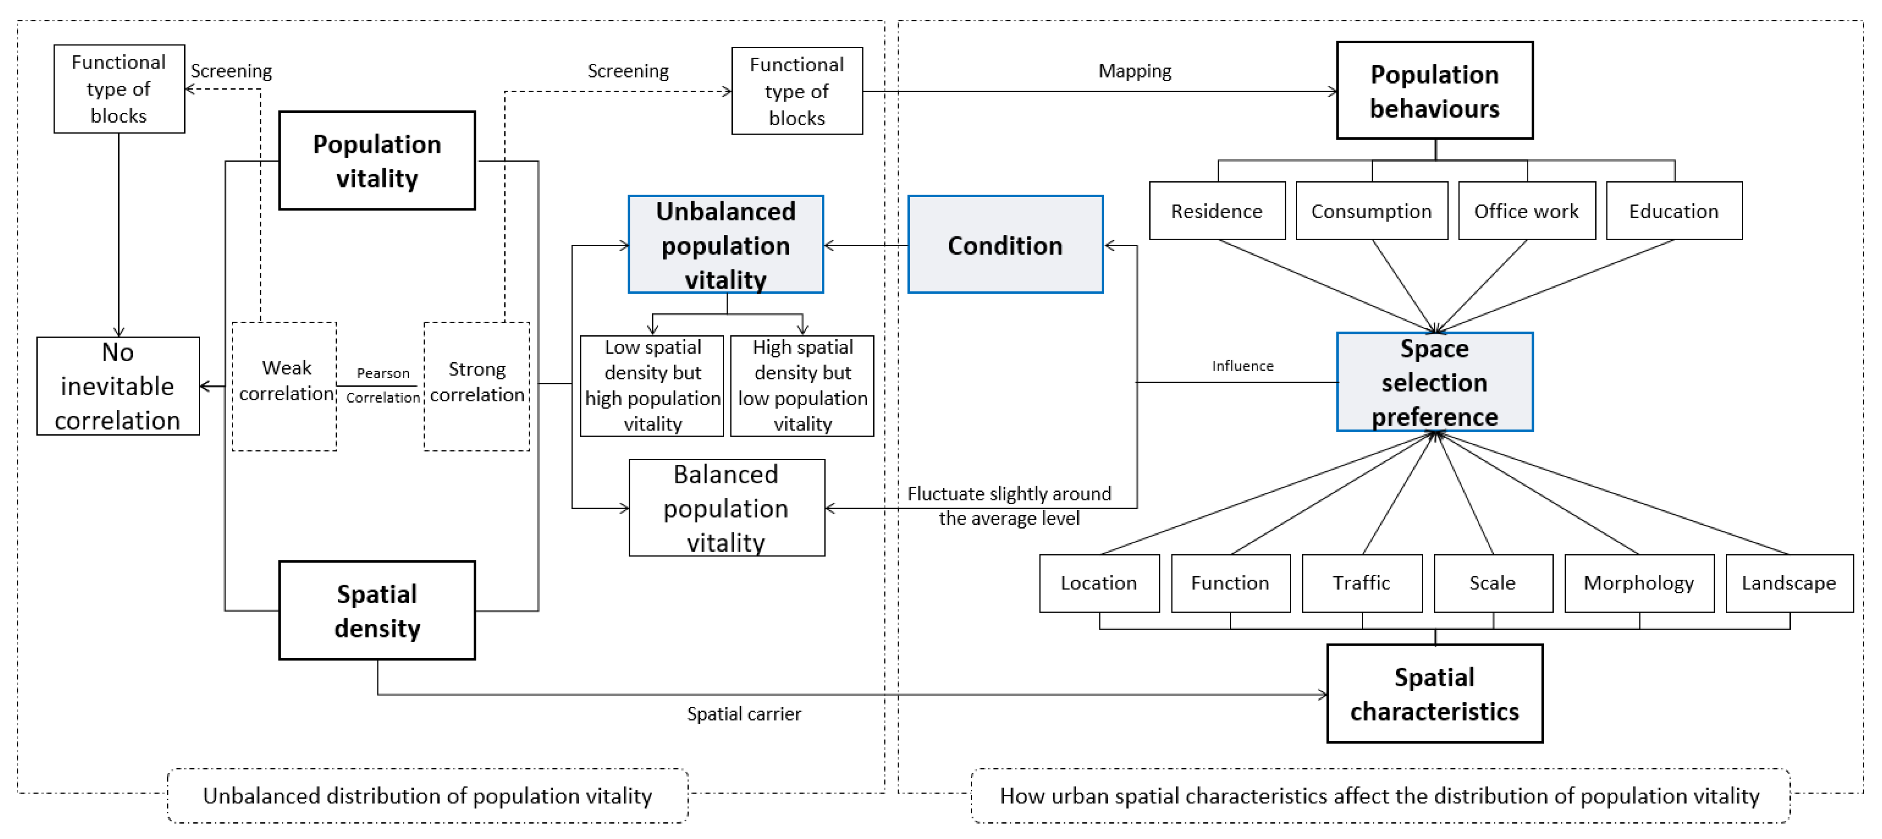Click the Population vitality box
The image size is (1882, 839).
pyautogui.click(x=377, y=161)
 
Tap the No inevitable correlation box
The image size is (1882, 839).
pyautogui.click(x=117, y=386)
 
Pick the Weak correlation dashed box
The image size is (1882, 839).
pyautogui.click(x=285, y=386)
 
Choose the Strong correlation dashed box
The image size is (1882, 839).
pyautogui.click(x=476, y=386)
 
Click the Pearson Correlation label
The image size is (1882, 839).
pyautogui.click(x=382, y=385)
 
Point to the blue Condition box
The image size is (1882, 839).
pyautogui.click(x=1005, y=245)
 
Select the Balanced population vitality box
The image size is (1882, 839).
pyautogui.click(x=726, y=508)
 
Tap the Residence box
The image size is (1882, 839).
pyautogui.click(x=1217, y=211)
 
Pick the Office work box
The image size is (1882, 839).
pyautogui.click(x=1526, y=211)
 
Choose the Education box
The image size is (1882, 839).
pyautogui.click(x=1674, y=211)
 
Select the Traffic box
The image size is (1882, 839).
pyautogui.click(x=1362, y=583)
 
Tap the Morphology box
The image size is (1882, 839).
pyautogui.click(x=1639, y=583)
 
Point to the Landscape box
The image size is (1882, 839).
pyautogui.click(x=1789, y=583)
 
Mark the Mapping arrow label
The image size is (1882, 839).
pyautogui.click(x=1135, y=71)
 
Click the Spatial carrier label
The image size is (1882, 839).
pyautogui.click(x=744, y=714)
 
